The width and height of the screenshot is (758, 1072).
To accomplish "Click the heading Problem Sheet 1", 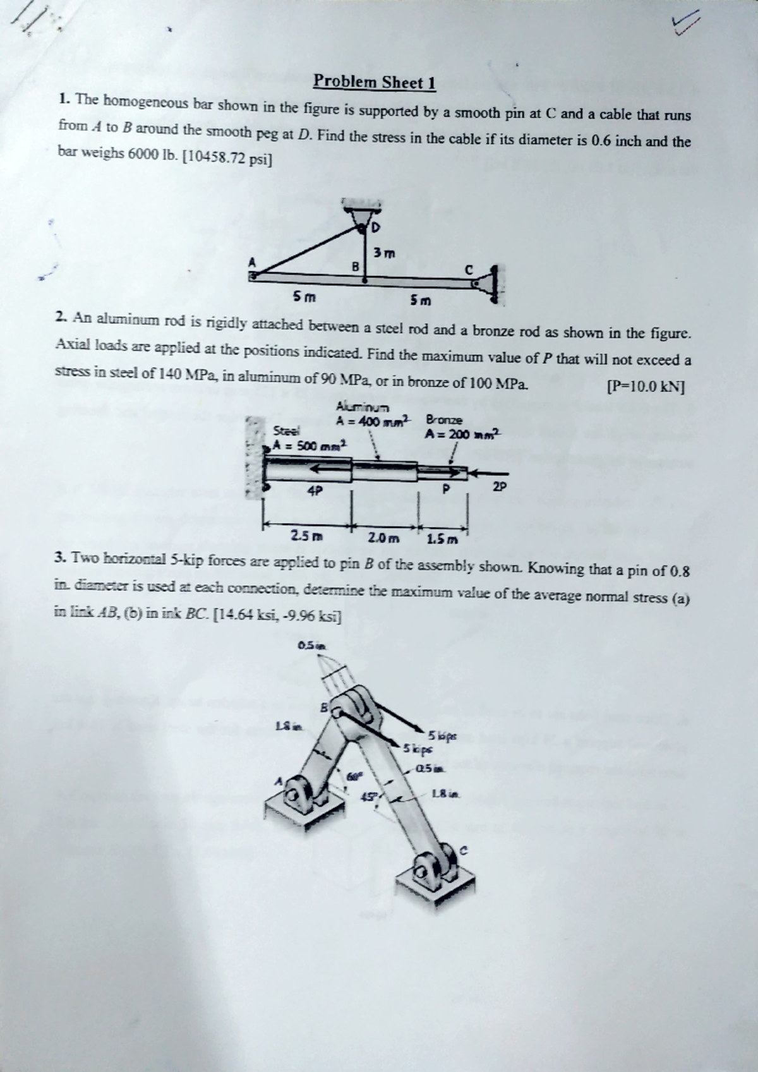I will pyautogui.click(x=375, y=82).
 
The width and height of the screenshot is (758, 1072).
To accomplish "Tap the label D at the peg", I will pyautogui.click(x=377, y=226).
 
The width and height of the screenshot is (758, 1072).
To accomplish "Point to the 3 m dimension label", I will pyautogui.click(x=383, y=253).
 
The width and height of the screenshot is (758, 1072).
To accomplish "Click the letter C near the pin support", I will pyautogui.click(x=468, y=268).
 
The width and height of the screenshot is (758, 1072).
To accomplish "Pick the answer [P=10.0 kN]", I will pyautogui.click(x=646, y=386).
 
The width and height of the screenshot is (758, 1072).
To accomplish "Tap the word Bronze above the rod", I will pyautogui.click(x=445, y=419).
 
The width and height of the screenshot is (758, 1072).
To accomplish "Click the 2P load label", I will pyautogui.click(x=499, y=486).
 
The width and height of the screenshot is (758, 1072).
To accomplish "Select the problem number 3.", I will pyautogui.click(x=59, y=557).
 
